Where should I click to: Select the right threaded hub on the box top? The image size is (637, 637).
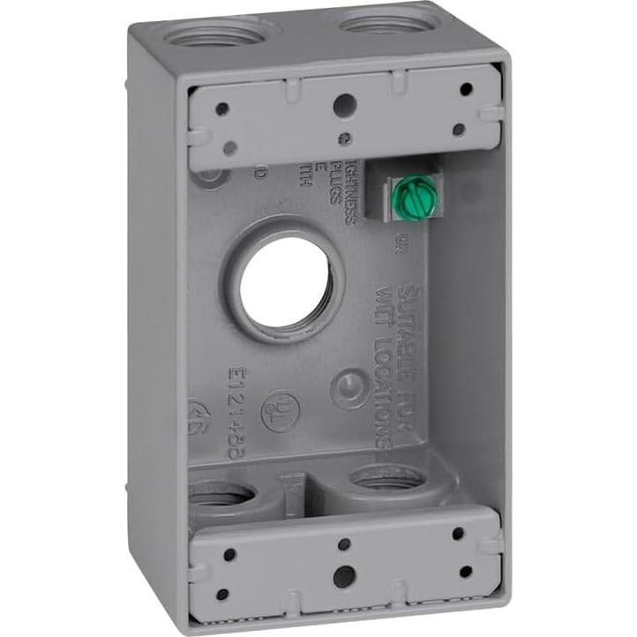382,21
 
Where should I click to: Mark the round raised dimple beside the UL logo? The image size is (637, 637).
350,387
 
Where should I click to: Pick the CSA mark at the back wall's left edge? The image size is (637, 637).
195,421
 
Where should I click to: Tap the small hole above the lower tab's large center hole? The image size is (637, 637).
344,545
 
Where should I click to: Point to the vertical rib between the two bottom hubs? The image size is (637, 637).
292,491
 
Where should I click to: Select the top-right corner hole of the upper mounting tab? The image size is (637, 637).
466,88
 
